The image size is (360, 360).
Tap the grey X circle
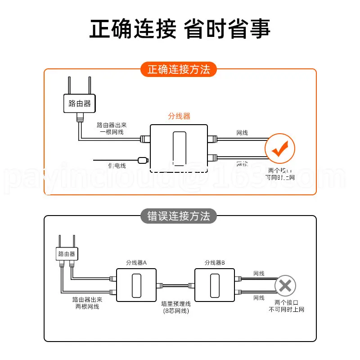click(284, 285)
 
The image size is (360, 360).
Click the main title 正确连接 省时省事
click(180, 28)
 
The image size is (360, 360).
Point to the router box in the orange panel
click(80, 103)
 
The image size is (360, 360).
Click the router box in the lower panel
click(66, 254)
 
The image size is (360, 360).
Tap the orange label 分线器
click(179, 116)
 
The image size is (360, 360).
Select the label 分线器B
click(214, 262)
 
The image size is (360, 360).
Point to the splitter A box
click(136, 284)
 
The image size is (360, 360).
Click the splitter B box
click(214, 284)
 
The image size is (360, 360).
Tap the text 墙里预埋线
click(175, 304)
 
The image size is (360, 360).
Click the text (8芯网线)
click(175, 311)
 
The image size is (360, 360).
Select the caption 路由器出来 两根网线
click(87, 303)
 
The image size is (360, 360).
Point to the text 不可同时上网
click(287, 310)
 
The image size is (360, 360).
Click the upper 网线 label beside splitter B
click(259, 274)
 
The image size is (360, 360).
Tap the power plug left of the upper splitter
click(143, 159)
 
